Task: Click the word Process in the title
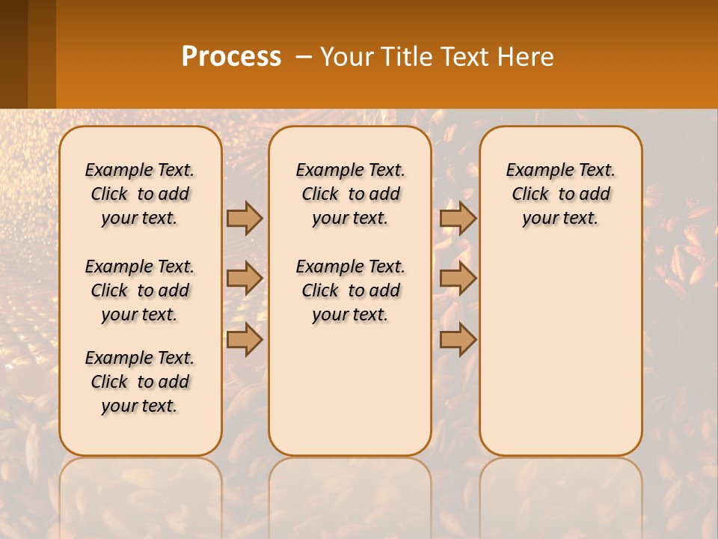pyautogui.click(x=231, y=56)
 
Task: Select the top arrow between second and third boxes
pyautogui.click(x=458, y=218)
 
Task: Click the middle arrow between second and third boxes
pyautogui.click(x=458, y=278)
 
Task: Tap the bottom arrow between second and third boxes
pyautogui.click(x=458, y=339)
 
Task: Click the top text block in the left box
pyautogui.click(x=140, y=194)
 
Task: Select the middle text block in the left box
pyautogui.click(x=140, y=290)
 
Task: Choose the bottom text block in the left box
pyautogui.click(x=140, y=382)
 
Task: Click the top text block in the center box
pyautogui.click(x=350, y=194)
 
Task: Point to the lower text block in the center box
pyautogui.click(x=350, y=290)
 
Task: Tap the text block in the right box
pyautogui.click(x=561, y=194)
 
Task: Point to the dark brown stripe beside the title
pyautogui.click(x=14, y=54)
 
